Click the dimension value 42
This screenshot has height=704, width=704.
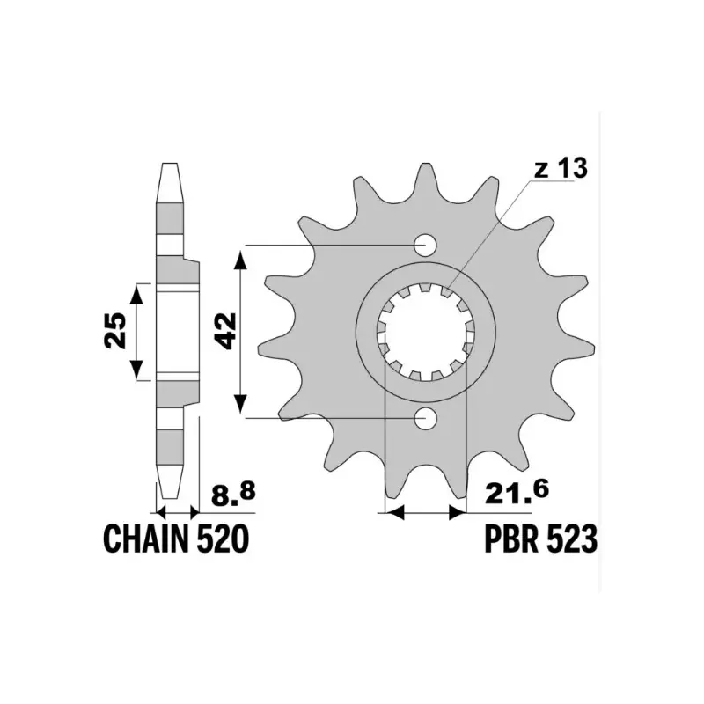[x=226, y=332]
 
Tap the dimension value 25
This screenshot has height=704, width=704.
[x=115, y=330]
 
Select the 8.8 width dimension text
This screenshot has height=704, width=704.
[x=233, y=495]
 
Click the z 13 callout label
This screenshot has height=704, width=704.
[x=561, y=168]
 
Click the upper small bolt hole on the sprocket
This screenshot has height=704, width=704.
[x=425, y=246]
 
